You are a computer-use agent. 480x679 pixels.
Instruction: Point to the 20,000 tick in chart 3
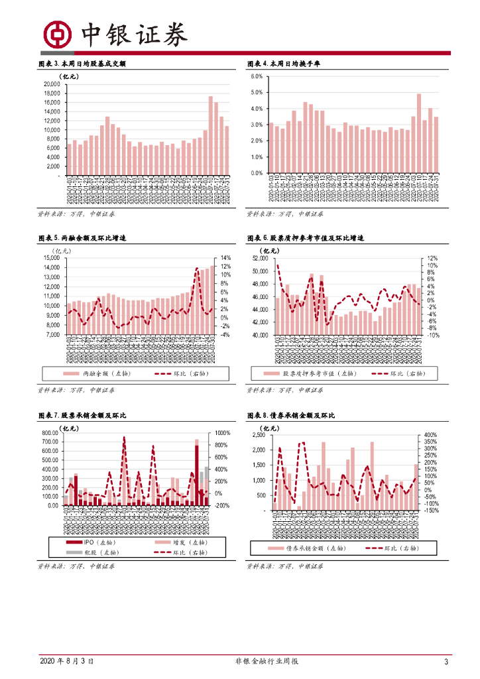(52, 85)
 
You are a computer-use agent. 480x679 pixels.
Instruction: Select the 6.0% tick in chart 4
(257, 77)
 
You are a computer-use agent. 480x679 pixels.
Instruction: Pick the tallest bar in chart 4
(419, 133)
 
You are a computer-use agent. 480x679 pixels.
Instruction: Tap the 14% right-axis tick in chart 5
(225, 258)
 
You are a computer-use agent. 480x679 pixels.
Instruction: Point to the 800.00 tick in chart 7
(50, 433)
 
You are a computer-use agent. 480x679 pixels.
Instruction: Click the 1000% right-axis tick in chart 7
(222, 433)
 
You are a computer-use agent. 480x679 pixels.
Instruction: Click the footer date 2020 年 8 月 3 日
(66, 661)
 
